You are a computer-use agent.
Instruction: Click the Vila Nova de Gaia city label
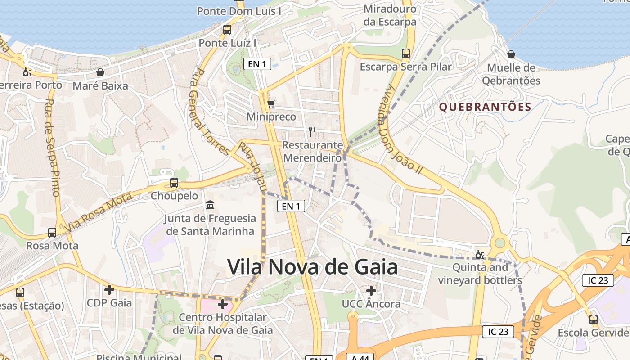click(312, 267)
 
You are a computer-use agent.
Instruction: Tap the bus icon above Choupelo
click(174, 183)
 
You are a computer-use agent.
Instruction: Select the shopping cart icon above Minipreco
click(271, 104)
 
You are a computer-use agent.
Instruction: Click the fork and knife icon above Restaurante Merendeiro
click(312, 131)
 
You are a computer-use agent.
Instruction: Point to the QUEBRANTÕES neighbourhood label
click(485, 107)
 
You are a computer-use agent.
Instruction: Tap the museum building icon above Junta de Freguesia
click(210, 205)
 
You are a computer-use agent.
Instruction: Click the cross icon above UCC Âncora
click(371, 290)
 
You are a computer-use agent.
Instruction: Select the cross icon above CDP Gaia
click(109, 289)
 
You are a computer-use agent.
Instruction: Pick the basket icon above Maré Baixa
click(100, 72)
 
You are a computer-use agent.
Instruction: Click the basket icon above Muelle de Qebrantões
click(511, 55)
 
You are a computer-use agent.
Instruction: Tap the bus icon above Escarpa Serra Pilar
click(406, 54)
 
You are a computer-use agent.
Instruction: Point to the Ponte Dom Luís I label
click(239, 11)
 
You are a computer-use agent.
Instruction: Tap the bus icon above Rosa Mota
click(52, 233)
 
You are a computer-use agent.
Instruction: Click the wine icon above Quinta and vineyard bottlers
click(480, 255)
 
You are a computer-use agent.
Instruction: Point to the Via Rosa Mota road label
click(99, 212)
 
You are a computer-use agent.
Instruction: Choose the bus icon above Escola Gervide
click(594, 319)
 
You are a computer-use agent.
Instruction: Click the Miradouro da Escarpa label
click(390, 15)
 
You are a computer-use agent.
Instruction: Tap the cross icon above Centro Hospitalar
click(223, 304)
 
